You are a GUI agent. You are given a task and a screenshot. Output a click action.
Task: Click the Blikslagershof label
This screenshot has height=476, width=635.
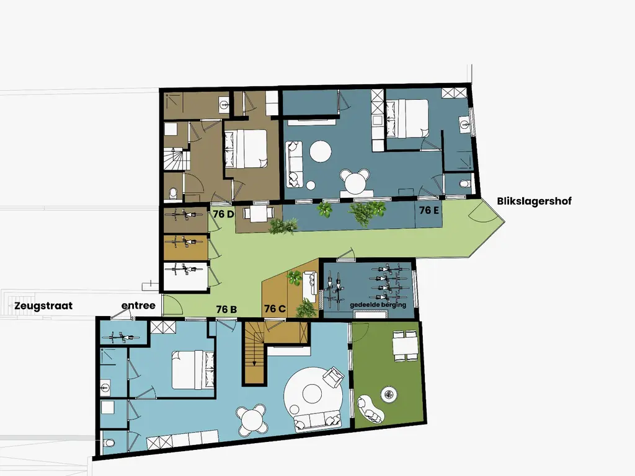[x=534, y=201]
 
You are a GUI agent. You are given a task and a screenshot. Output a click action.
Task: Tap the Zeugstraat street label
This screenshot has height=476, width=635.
[x=43, y=306]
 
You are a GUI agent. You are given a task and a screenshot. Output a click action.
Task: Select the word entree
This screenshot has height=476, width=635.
[x=138, y=305]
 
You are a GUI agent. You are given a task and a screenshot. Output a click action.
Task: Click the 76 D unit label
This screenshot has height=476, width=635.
[x=223, y=214]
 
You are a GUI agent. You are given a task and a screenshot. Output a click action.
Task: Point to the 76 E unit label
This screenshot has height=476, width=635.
[x=429, y=210]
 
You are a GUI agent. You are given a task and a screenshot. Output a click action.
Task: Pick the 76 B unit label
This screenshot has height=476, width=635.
[x=226, y=309]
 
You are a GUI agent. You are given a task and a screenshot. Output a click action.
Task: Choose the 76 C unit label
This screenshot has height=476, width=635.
[x=275, y=309]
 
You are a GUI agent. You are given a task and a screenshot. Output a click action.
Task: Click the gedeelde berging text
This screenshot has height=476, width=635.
[x=378, y=305]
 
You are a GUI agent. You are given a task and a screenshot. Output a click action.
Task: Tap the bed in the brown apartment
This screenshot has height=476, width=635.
[x=246, y=148]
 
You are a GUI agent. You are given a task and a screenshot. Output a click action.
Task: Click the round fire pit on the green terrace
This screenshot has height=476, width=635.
[x=389, y=394]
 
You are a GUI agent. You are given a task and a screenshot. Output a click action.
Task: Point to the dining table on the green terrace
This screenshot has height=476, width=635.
[x=405, y=345]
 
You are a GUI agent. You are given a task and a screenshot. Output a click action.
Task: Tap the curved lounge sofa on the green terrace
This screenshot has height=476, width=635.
[x=370, y=410]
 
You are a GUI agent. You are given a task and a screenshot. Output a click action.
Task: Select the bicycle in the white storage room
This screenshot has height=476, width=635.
[x=185, y=269]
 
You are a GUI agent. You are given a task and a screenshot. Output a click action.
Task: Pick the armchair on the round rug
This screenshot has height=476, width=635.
[x=333, y=377]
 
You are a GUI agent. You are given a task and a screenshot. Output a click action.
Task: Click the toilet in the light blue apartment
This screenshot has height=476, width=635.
[x=108, y=443]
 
